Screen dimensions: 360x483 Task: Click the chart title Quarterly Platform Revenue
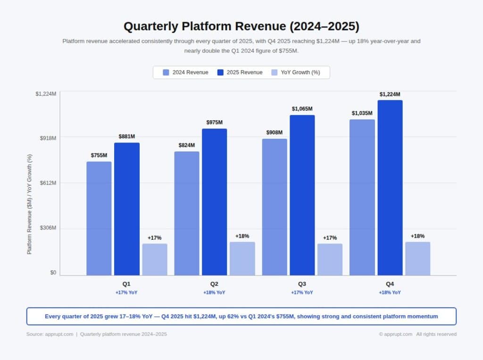tap(241, 26)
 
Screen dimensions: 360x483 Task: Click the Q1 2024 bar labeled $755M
tap(99, 218)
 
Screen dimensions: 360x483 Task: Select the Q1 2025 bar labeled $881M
tap(127, 209)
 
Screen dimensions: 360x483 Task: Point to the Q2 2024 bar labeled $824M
tap(187, 213)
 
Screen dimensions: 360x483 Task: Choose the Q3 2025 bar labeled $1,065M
tap(302, 195)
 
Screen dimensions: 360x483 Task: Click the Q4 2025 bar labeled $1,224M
tap(390, 187)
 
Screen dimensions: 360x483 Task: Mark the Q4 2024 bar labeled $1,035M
tap(362, 197)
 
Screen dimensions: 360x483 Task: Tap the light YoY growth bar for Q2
tap(242, 259)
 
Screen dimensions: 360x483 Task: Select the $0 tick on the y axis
tap(53, 273)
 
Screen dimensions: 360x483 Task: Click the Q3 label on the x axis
tap(302, 284)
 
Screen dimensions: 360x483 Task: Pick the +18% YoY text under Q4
tap(390, 293)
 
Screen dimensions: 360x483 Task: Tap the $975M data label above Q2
tap(215, 122)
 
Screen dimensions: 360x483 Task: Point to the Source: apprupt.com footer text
tap(50, 335)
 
